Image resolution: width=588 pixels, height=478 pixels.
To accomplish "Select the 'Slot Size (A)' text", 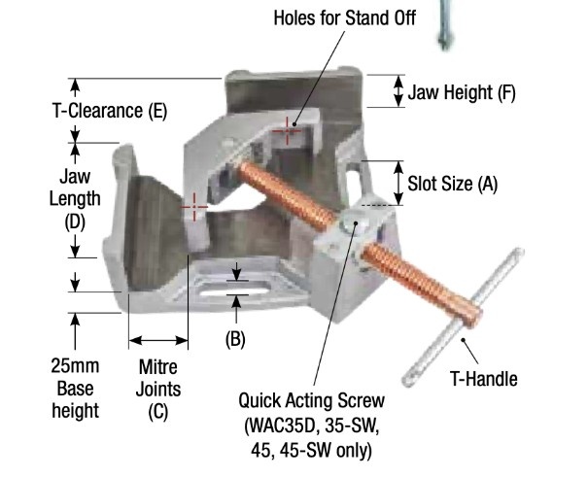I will [x=452, y=183].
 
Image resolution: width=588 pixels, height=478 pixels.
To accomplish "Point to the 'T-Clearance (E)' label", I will [x=109, y=111].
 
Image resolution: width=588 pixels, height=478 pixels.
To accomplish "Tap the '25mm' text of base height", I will [x=74, y=367].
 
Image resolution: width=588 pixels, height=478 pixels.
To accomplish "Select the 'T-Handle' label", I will [x=482, y=379].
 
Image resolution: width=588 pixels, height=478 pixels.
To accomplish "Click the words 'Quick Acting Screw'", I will [x=312, y=400].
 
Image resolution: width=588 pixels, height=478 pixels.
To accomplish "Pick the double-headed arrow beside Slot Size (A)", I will [x=397, y=182].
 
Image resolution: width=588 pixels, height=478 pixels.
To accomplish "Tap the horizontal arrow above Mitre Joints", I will [x=158, y=340].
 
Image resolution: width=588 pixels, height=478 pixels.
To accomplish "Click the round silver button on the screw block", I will [x=351, y=227].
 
